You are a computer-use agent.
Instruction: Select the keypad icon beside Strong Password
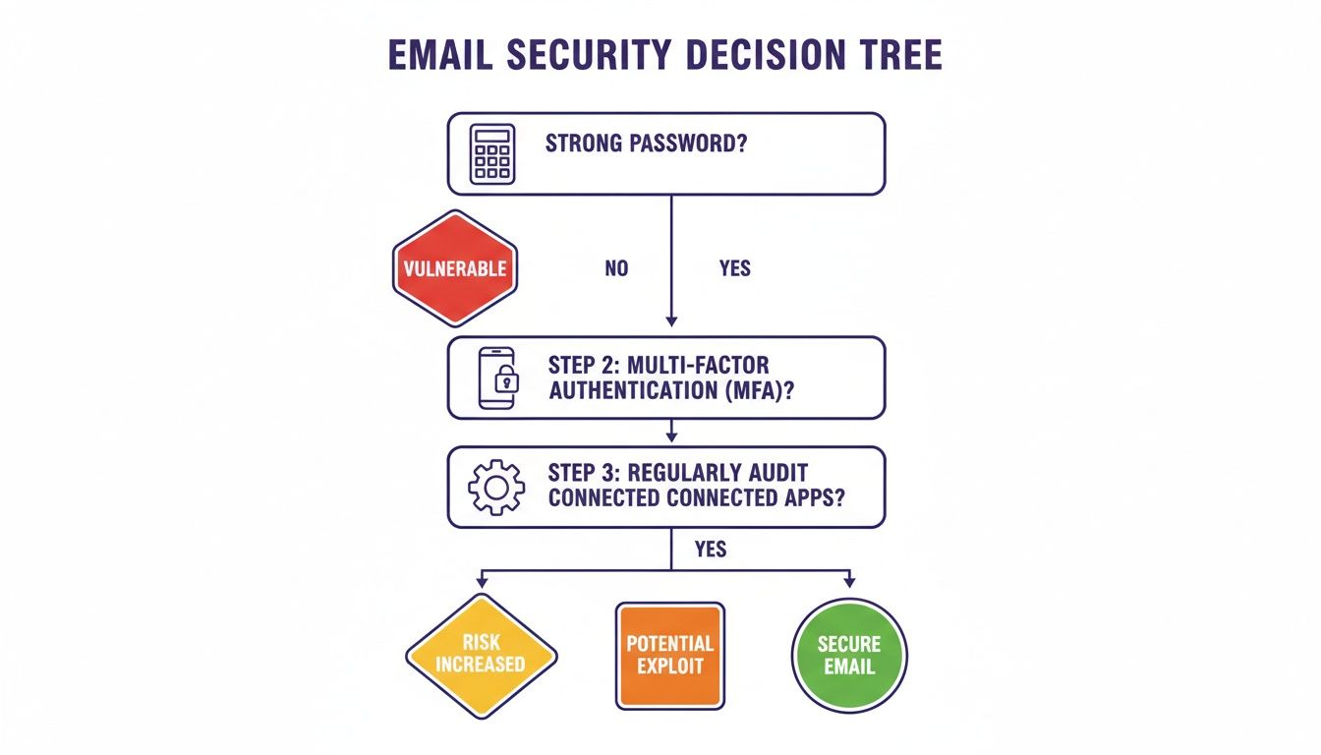492,153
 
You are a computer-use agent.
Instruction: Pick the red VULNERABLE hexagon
455,268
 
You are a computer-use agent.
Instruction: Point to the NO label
616,268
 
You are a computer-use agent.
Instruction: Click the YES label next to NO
734,268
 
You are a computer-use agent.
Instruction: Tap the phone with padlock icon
497,377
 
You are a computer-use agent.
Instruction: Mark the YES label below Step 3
710,550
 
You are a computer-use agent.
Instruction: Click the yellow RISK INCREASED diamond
481,654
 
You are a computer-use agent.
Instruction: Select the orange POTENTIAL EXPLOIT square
669,655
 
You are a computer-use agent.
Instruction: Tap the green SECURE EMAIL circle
849,655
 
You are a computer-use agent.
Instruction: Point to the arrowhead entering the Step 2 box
671,319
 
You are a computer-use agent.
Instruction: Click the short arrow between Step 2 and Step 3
671,431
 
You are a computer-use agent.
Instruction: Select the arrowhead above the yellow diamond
482,583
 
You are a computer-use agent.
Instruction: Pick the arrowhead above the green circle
849,583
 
